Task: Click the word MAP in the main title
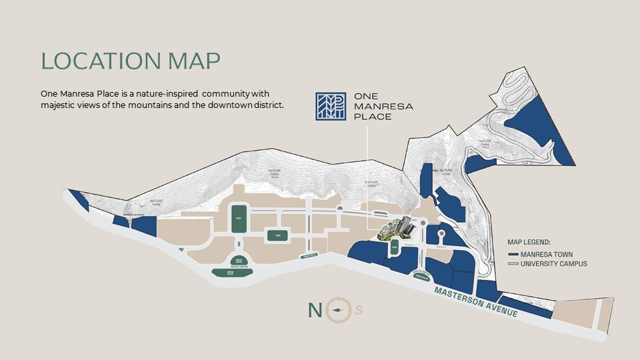(x=193, y=60)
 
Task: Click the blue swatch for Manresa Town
(x=513, y=254)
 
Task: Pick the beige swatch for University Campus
(x=513, y=264)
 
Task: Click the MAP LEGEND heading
(x=533, y=243)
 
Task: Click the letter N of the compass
(x=315, y=310)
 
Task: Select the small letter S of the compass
(x=360, y=310)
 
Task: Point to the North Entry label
(x=239, y=265)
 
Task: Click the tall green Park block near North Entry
(x=239, y=219)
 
